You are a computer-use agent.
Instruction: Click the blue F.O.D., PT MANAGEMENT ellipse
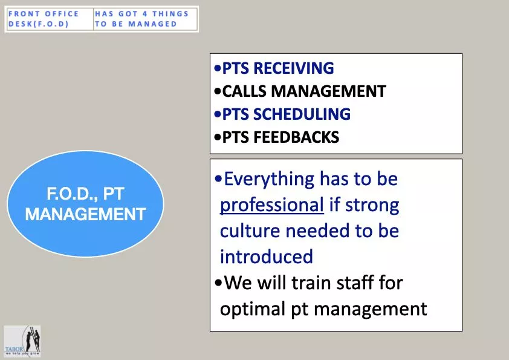coord(85,204)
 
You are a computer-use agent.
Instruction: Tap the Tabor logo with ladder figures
coord(22,341)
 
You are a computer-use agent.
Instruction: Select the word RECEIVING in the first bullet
coord(293,68)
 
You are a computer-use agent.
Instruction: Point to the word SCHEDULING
coord(302,114)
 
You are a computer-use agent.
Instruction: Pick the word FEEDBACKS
coord(296,137)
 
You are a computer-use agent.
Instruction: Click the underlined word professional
coord(271,205)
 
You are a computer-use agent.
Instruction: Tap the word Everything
coord(270,180)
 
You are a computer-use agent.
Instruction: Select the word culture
coord(250,231)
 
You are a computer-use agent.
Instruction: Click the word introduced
coord(267,257)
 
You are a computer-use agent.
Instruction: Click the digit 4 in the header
coord(144,14)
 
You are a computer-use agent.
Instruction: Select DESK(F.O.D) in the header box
coord(38,24)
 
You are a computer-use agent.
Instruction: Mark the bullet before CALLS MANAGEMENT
coord(217,91)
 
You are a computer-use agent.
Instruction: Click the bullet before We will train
coord(218,283)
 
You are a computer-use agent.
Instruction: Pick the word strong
coord(372,206)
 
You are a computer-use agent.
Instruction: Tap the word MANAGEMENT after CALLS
coord(328,91)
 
